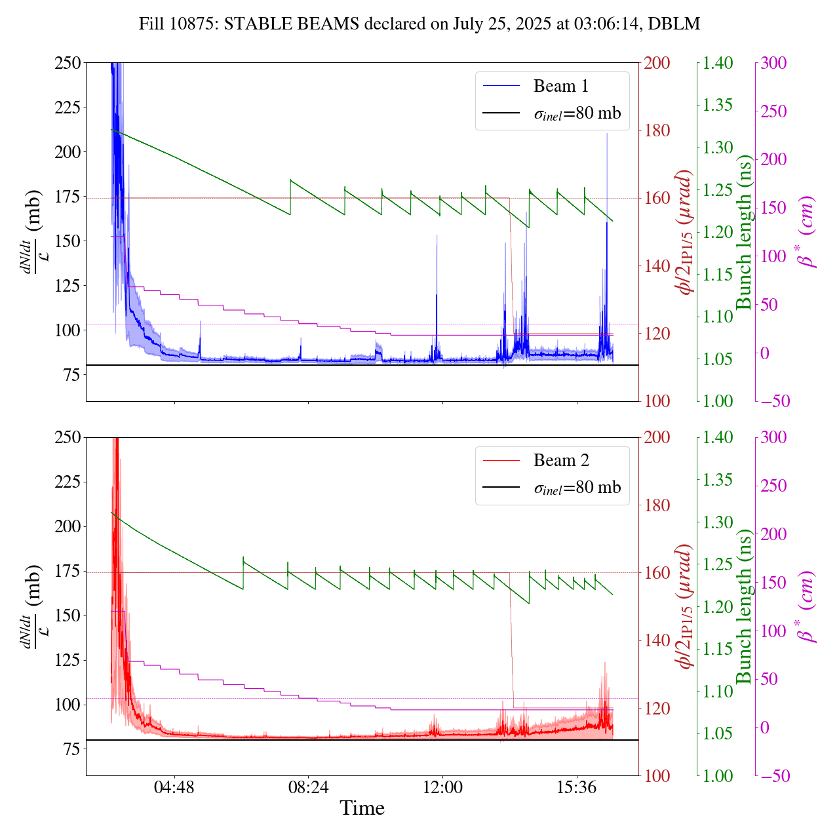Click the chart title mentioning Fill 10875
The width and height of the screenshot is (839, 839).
pyautogui.click(x=419, y=24)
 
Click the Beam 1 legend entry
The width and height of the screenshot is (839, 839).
pyautogui.click(x=560, y=86)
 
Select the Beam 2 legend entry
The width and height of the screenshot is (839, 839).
pyautogui.click(x=560, y=461)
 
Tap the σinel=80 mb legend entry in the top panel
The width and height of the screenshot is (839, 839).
pyautogui.click(x=576, y=113)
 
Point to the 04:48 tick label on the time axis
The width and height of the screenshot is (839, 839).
pyautogui.click(x=174, y=787)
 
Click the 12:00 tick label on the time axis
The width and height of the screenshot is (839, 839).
pyautogui.click(x=442, y=787)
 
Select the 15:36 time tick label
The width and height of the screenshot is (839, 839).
pyautogui.click(x=576, y=787)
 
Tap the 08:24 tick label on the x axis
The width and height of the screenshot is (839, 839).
pyautogui.click(x=308, y=787)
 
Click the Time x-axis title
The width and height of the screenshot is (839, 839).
pyautogui.click(x=362, y=808)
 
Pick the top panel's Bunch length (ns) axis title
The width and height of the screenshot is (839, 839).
pyautogui.click(x=744, y=232)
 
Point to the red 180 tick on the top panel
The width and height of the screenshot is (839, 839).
pyautogui.click(x=657, y=130)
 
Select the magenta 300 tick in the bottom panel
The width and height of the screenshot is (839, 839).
pyautogui.click(x=773, y=438)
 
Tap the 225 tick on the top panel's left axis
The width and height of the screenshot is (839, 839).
pyautogui.click(x=68, y=107)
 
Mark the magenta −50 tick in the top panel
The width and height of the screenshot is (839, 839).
pyautogui.click(x=773, y=401)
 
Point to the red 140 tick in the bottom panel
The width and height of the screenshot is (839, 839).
pyautogui.click(x=657, y=640)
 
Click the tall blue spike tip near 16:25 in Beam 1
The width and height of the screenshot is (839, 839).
pyautogui.click(x=607, y=134)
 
